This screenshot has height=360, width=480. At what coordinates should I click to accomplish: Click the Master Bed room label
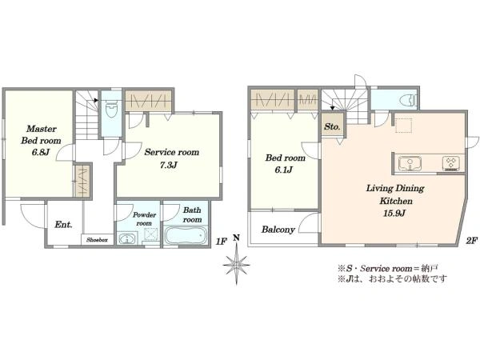pyautogui.click(x=41, y=134)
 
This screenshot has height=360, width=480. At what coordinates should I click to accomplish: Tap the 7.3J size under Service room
pyautogui.click(x=168, y=166)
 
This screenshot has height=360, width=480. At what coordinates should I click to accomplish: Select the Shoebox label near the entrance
pyautogui.click(x=97, y=240)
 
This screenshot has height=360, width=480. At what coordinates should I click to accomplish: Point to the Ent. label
pyautogui.click(x=64, y=225)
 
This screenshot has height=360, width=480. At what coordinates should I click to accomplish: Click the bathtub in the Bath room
pyautogui.click(x=185, y=235)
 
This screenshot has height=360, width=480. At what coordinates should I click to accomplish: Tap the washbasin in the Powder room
pyautogui.click(x=127, y=238)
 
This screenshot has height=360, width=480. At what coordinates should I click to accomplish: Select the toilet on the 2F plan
pyautogui.click(x=409, y=99)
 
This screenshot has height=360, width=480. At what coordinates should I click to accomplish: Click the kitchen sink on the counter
pyautogui.click(x=410, y=163)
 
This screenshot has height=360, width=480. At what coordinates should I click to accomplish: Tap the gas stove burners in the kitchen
pyautogui.click(x=450, y=162)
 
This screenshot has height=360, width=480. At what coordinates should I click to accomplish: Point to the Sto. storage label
pyautogui.click(x=332, y=126)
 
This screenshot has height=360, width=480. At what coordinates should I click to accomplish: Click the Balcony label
pyautogui.click(x=278, y=230)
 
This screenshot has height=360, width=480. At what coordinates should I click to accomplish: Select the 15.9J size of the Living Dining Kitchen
pyautogui.click(x=394, y=213)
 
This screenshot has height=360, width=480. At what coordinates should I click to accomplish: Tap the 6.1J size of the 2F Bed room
pyautogui.click(x=283, y=170)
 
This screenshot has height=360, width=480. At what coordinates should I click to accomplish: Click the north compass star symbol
pyautogui.click(x=236, y=264)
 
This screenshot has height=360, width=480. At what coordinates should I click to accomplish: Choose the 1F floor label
pyautogui.click(x=221, y=242)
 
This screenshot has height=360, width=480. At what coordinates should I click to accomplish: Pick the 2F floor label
pyautogui.click(x=471, y=241)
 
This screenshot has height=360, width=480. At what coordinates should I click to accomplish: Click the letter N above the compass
pyautogui.click(x=236, y=238)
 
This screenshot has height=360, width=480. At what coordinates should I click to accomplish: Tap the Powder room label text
pyautogui.click(x=144, y=219)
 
